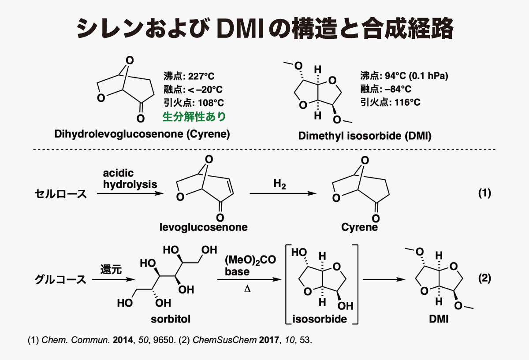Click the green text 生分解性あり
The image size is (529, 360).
(x=194, y=116)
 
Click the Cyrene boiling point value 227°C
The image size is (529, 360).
(x=201, y=76)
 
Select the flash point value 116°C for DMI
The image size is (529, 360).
(x=407, y=102)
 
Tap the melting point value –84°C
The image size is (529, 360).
(x=398, y=89)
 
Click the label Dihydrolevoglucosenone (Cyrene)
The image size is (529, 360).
(x=142, y=134)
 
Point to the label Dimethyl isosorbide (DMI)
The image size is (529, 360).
(x=365, y=136)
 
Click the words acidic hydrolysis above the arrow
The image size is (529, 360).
(x=130, y=179)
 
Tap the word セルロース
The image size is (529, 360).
(x=61, y=194)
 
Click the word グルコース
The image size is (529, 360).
(x=60, y=280)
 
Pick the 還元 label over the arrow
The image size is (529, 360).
(x=111, y=269)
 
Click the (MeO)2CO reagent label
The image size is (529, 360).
(x=250, y=260)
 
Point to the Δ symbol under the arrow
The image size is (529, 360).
(x=247, y=289)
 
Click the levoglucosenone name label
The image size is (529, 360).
(x=204, y=227)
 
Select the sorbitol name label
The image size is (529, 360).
(x=171, y=319)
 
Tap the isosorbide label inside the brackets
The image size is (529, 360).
(x=320, y=319)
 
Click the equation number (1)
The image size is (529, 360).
(x=485, y=193)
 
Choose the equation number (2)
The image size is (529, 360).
(x=485, y=278)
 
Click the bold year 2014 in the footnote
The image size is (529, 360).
(x=123, y=340)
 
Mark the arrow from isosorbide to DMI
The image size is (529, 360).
(x=384, y=280)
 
